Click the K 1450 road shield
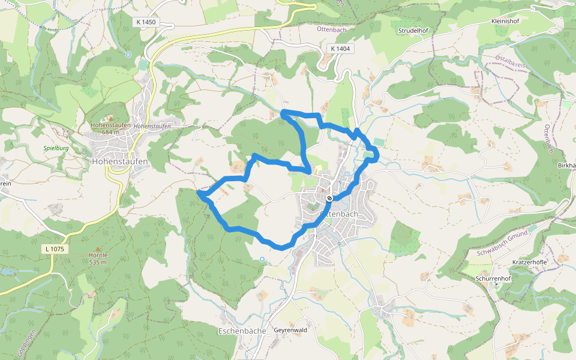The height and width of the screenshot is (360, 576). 146,22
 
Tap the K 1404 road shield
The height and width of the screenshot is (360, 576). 339,49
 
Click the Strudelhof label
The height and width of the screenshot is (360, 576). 412,30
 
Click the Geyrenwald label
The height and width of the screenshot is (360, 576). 290,330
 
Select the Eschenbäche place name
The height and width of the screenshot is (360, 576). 242,331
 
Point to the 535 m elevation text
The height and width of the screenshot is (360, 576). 97,262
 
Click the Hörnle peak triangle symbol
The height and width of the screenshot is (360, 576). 97,248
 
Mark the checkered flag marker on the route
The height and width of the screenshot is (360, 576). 329,199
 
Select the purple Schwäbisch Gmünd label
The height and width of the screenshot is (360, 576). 502,245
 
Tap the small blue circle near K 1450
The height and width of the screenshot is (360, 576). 128,55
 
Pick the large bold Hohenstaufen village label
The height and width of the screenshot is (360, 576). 120,161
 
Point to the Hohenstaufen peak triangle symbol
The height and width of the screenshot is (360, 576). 110,118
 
